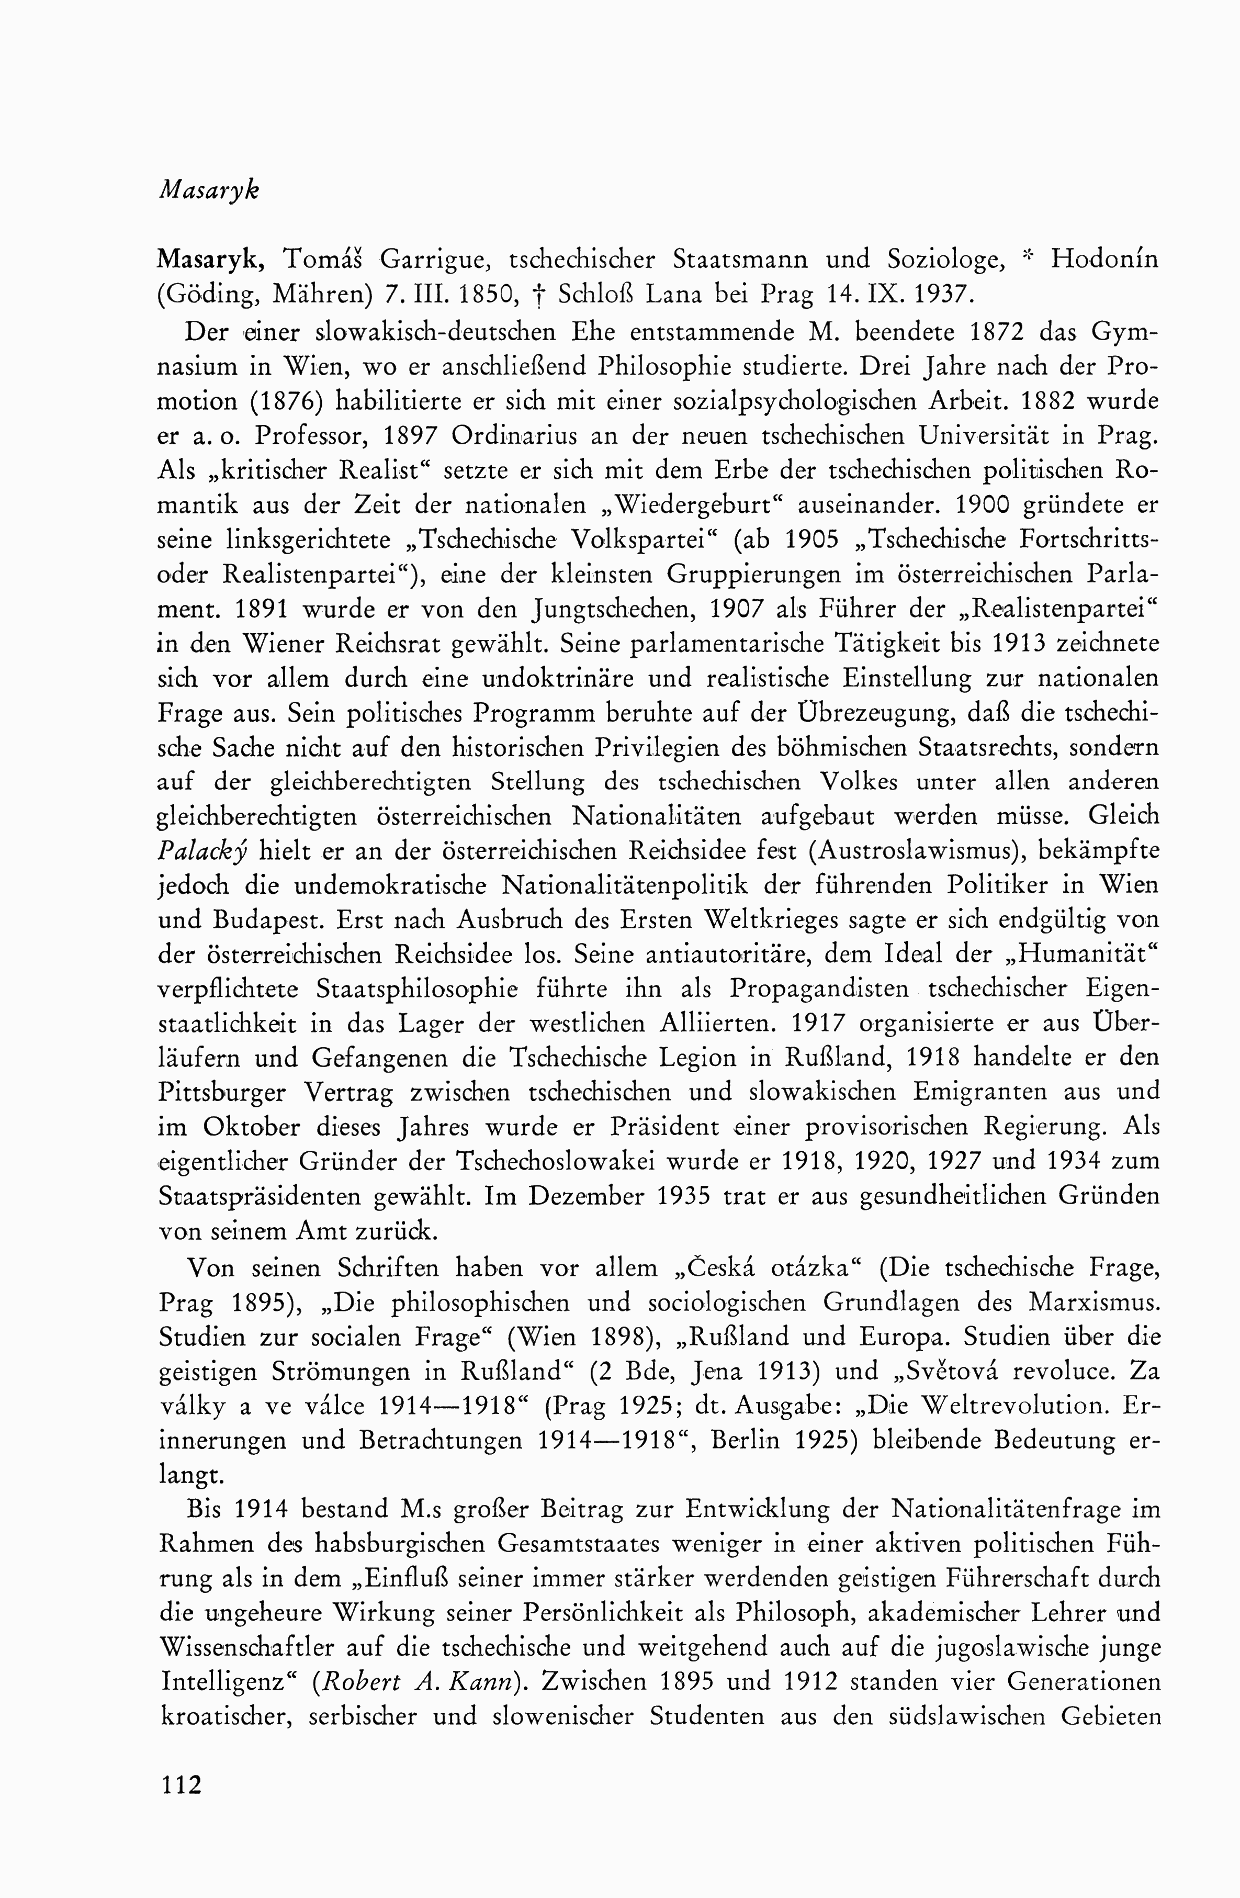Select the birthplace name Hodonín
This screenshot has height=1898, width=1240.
click(x=1104, y=260)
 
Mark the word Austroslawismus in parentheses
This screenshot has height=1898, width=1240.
click(x=911, y=851)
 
